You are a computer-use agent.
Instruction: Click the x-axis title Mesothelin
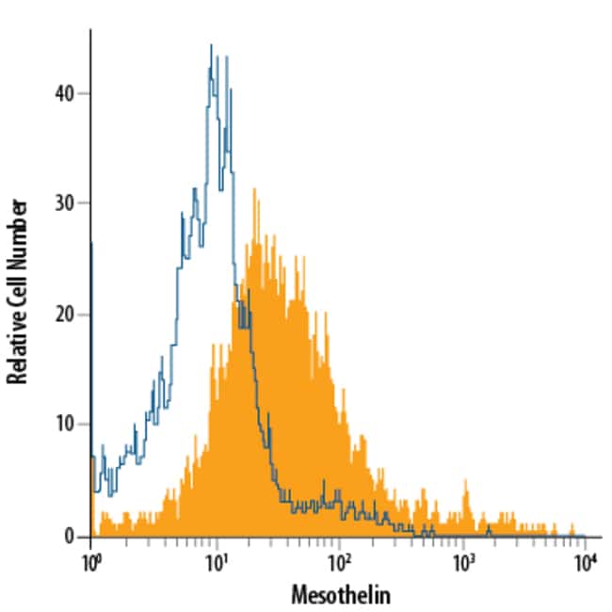(339, 595)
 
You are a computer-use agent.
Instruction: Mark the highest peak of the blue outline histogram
(211, 44)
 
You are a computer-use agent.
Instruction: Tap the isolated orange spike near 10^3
(465, 481)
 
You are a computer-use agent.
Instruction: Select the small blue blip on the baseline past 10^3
(488, 531)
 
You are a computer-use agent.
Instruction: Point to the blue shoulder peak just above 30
(194, 189)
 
